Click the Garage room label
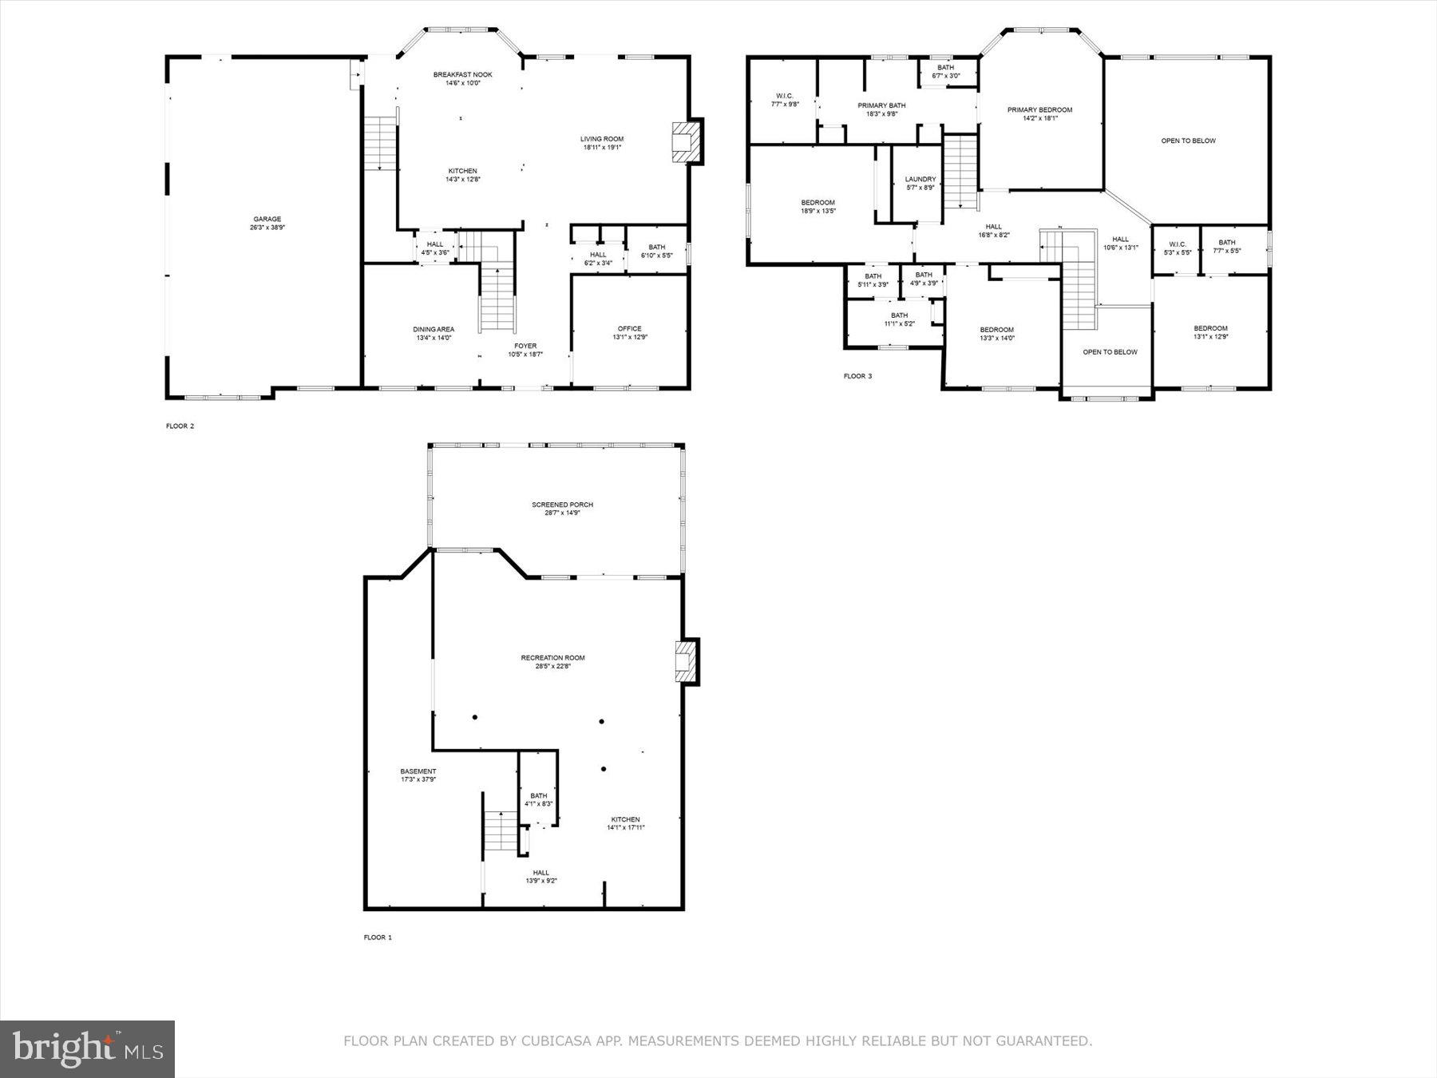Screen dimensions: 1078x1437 click(x=267, y=223)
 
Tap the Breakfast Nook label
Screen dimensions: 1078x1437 click(x=463, y=78)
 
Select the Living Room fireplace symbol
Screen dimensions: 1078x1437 click(x=683, y=141)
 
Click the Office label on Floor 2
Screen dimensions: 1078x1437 click(x=629, y=332)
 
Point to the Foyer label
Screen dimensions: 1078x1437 click(x=525, y=349)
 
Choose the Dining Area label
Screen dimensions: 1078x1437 click(x=433, y=333)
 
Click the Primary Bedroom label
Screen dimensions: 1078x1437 click(x=1039, y=113)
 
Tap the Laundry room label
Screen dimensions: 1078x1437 click(x=920, y=183)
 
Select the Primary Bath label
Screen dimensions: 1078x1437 click(x=881, y=109)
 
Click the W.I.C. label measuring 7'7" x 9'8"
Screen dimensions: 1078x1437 click(x=784, y=100)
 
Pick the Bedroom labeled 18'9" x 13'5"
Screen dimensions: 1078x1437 click(x=817, y=206)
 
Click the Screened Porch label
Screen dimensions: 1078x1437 click(x=562, y=509)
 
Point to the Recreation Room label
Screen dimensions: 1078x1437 click(x=552, y=661)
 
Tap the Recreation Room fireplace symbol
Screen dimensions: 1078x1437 click(x=684, y=661)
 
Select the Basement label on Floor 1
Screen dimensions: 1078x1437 click(x=418, y=775)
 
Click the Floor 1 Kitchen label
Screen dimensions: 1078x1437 click(x=625, y=823)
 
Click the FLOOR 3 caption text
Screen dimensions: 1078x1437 click(x=857, y=375)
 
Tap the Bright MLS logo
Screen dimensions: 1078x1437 click(x=87, y=1048)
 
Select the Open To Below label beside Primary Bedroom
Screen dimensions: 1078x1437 click(x=1188, y=141)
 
